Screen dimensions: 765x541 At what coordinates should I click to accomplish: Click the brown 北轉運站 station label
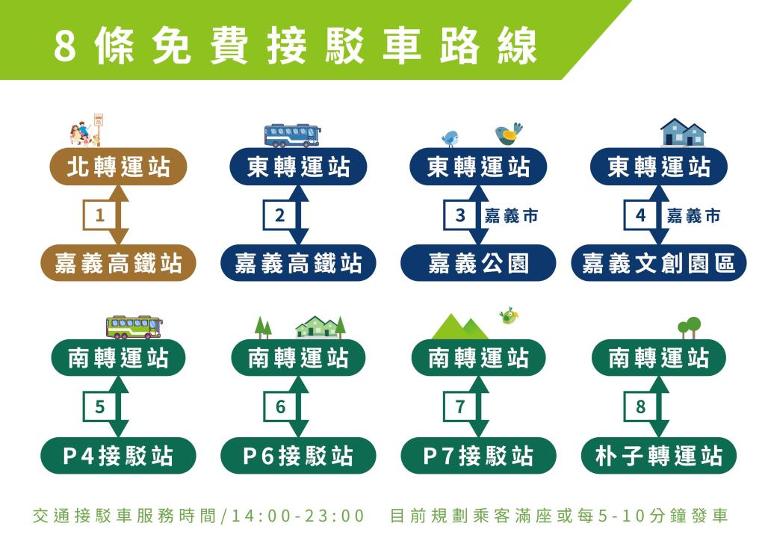pos(118,167)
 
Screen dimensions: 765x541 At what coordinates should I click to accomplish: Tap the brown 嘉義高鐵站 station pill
pos(118,263)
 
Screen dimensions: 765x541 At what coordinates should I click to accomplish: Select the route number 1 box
pos(99,214)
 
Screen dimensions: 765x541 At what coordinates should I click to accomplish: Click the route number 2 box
pos(279,214)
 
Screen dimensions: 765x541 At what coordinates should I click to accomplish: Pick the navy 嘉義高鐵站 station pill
pos(298,263)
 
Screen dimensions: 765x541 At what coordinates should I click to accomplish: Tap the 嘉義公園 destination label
pos(478,263)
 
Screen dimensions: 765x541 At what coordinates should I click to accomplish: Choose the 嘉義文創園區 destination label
pos(659,263)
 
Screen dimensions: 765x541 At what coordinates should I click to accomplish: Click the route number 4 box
pos(640,214)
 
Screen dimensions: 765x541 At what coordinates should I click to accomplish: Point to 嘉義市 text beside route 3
pos(511,215)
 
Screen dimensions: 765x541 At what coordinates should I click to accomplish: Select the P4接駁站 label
pos(118,456)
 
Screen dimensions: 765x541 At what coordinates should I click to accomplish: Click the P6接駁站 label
pos(298,456)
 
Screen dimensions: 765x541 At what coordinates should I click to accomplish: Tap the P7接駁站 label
pos(478,456)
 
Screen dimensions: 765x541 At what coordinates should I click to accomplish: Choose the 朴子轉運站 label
pos(659,456)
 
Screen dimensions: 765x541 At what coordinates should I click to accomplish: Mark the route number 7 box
pos(460,406)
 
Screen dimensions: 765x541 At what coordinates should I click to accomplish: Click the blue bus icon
pos(293,135)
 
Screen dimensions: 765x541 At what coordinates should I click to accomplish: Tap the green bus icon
pos(134,327)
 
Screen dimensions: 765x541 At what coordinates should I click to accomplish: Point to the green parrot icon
pos(508,316)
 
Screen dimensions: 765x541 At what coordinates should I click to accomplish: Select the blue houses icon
pos(683,132)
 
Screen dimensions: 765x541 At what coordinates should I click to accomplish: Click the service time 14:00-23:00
pos(297,516)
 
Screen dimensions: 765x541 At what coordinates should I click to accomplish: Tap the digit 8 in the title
pos(65,46)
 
